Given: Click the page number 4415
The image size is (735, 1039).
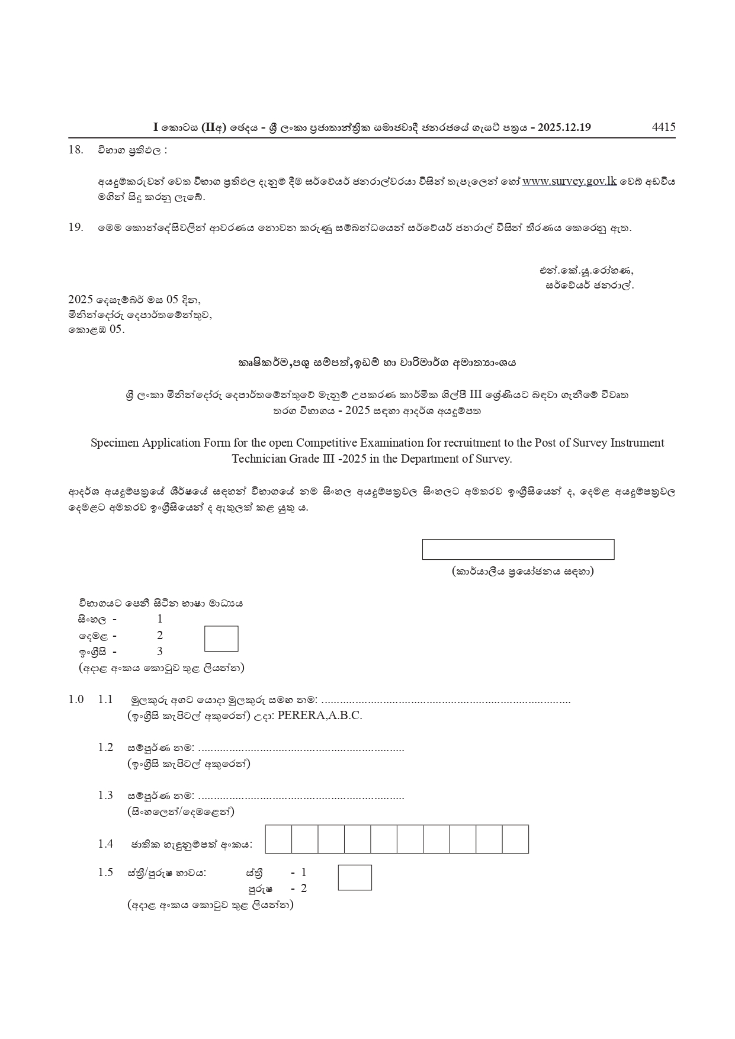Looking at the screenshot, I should [x=663, y=127].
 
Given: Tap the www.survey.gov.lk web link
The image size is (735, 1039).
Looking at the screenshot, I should [x=569, y=181].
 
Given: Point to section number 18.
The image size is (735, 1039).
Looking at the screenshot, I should [x=75, y=149].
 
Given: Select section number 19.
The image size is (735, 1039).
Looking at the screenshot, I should [x=75, y=227].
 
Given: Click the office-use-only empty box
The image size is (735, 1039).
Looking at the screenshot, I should [x=518, y=549].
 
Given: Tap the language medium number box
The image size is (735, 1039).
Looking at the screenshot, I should [x=221, y=639].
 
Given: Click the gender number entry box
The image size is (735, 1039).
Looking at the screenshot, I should [x=355, y=877].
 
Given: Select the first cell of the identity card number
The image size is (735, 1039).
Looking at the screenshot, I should [x=278, y=839].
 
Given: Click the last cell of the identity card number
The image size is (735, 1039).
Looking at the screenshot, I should [x=515, y=839].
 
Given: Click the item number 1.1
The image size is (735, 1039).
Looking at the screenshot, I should [x=105, y=700].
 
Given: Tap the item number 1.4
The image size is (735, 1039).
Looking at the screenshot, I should [x=105, y=844].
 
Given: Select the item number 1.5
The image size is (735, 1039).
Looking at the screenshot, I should [x=105, y=872].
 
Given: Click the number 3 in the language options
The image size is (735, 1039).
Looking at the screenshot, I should [x=160, y=652].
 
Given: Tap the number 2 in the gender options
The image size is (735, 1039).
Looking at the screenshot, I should [x=304, y=888].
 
